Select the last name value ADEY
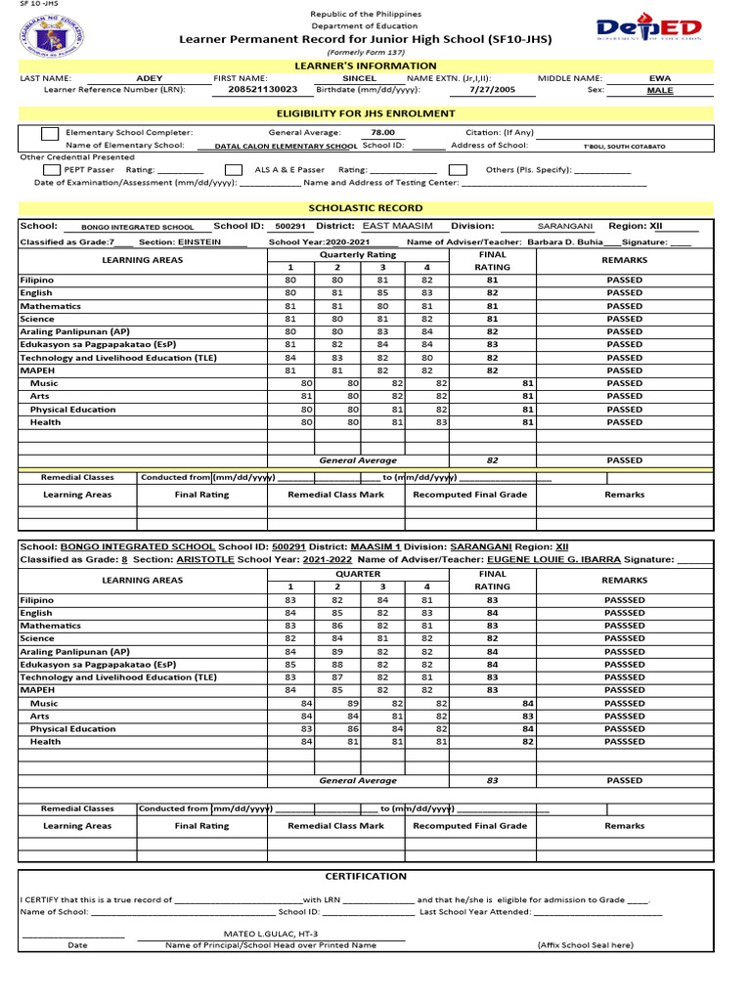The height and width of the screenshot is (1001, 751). pos(150,77)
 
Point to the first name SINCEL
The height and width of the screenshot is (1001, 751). pos(359,77)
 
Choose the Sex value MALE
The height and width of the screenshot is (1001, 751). pos(660,90)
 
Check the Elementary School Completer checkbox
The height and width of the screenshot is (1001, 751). pos(49,133)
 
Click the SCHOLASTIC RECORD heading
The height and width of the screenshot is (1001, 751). pos(366,208)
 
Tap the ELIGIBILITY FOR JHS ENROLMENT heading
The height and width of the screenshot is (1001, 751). pos(366,113)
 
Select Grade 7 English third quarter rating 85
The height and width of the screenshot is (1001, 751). pos(382,293)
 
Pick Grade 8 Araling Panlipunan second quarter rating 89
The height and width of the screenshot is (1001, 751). pos(336,651)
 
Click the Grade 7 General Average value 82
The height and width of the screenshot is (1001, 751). pos(492,460)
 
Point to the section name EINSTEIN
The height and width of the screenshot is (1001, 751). pos(199,241)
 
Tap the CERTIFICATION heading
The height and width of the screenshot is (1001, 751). pos(366,876)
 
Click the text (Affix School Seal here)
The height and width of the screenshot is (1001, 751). pos(585,946)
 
